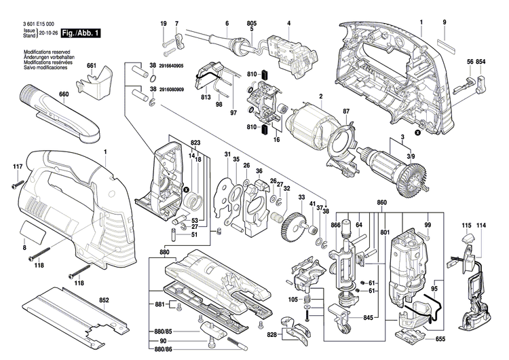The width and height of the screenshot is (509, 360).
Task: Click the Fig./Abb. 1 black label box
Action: (x=79, y=33)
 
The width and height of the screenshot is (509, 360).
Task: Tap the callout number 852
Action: (x=104, y=299)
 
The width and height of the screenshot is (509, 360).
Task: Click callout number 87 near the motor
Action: (x=345, y=111)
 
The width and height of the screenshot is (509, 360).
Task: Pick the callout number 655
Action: (x=440, y=338)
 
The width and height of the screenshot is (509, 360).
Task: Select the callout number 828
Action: (x=271, y=335)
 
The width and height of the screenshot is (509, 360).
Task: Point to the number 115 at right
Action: (x=467, y=225)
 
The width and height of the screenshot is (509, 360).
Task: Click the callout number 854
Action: (x=481, y=62)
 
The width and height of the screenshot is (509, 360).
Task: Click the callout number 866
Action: (x=335, y=224)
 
